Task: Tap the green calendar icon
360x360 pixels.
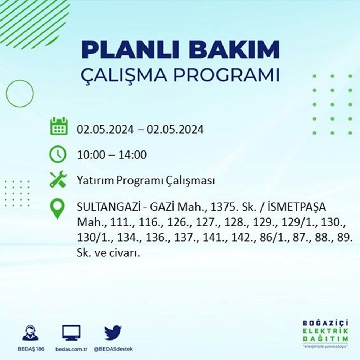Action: point(59,126)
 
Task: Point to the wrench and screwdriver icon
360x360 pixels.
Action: point(58,179)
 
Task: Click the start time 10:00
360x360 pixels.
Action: point(91,154)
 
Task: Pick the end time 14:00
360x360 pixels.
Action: point(132,154)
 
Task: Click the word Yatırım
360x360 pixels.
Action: point(95,180)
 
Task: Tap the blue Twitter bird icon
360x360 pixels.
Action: point(113,332)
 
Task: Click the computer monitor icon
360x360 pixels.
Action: point(71,333)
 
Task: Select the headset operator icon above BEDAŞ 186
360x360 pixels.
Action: point(31,332)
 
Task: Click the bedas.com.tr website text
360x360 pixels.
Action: point(71,350)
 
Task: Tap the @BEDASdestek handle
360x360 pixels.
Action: point(113,350)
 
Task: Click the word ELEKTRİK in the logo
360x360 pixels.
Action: point(325,331)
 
